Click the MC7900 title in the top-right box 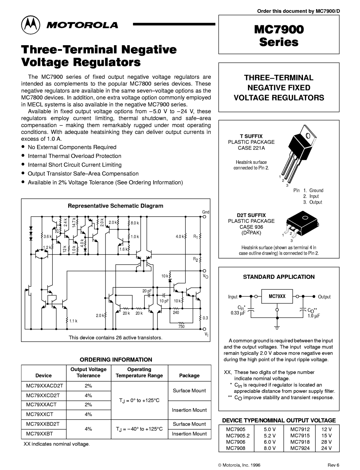[279, 30]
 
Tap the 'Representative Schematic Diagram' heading [115, 206]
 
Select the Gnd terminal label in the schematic [206, 212]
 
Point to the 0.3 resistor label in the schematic [205, 318]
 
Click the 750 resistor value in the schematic [181, 326]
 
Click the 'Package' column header [189, 375]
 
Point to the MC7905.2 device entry [236, 435]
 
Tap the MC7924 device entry [300, 448]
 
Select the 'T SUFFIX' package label [251, 136]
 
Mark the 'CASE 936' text [251, 227]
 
